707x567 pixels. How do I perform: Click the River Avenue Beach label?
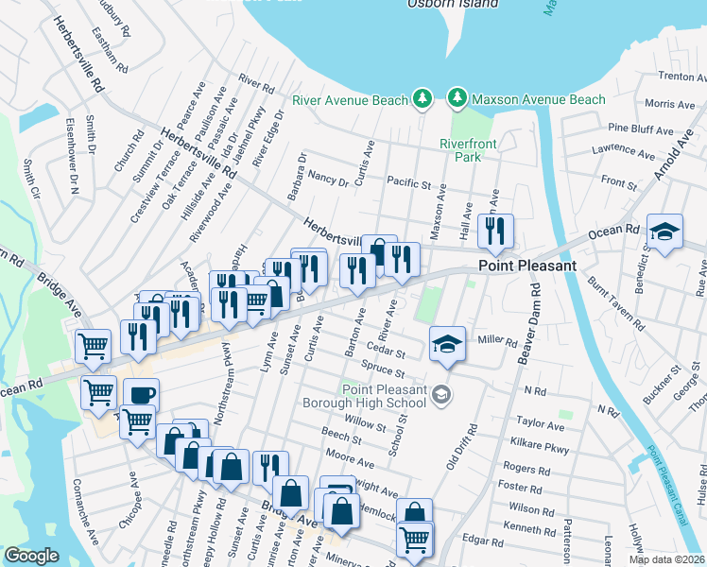(350, 99)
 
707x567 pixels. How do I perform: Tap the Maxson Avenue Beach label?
(538, 99)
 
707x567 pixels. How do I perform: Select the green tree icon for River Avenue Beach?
(422, 98)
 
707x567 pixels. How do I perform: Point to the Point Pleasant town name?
(526, 266)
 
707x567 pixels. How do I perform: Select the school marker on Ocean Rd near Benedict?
(665, 232)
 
